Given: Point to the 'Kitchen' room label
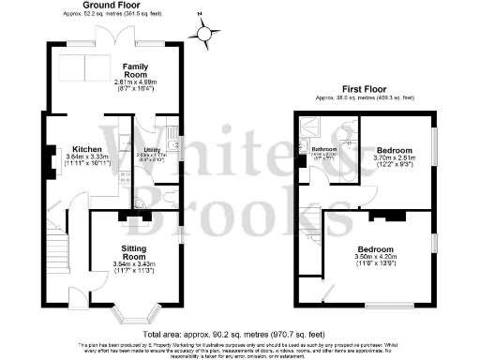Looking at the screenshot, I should (74, 149).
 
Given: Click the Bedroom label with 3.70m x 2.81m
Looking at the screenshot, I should (395, 150).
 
